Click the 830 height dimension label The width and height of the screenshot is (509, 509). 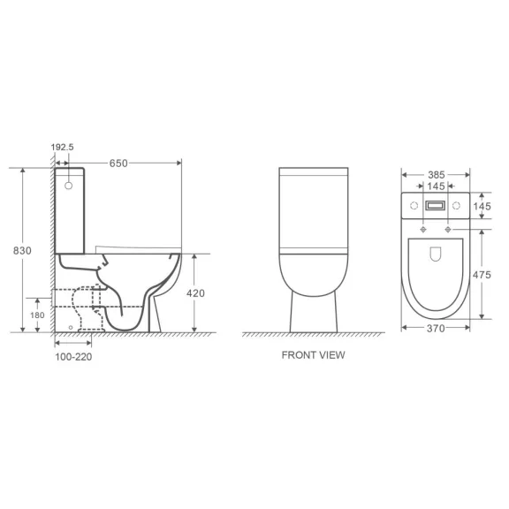point(22,251)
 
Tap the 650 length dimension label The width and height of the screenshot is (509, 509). point(118,163)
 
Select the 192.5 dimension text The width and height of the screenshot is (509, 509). point(63,147)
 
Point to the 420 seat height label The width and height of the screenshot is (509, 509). point(195,293)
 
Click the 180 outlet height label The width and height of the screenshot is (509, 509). point(37,315)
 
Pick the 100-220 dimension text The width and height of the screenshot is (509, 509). point(73,357)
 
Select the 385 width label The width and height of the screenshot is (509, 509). point(436,175)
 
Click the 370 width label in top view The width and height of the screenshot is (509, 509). point(436,329)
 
